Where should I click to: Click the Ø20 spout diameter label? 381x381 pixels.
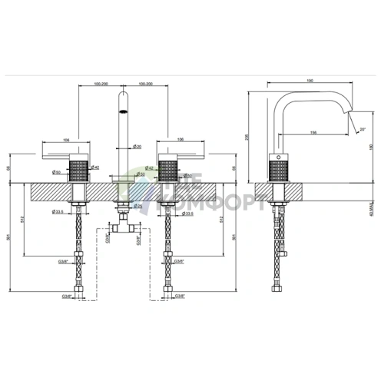(x=137, y=147)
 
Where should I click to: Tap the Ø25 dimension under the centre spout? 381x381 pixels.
(x=137, y=206)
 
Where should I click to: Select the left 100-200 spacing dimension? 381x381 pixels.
(x=100, y=82)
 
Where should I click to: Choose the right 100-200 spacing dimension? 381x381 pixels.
(x=146, y=82)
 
